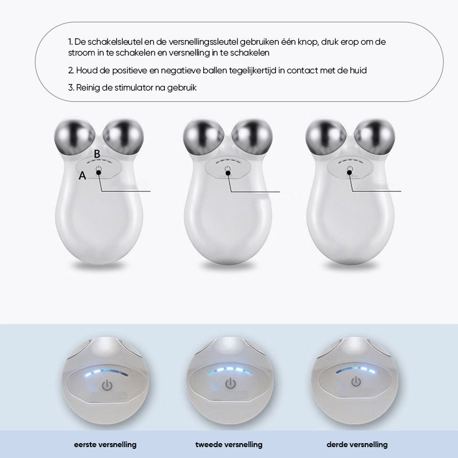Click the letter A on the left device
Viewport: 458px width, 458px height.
pyautogui.click(x=82, y=176)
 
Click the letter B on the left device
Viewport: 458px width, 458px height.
pyautogui.click(x=97, y=154)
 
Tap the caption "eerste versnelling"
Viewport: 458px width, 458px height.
pyautogui.click(x=105, y=445)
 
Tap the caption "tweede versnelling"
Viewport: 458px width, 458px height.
pyautogui.click(x=228, y=445)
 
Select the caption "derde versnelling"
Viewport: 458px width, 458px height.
pyautogui.click(x=357, y=445)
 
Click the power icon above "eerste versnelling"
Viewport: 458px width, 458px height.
pyautogui.click(x=107, y=385)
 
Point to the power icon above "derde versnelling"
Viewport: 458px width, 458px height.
pyautogui.click(x=356, y=381)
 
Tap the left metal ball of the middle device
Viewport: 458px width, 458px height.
pyautogui.click(x=204, y=137)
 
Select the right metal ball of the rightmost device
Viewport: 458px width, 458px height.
pyautogui.click(x=374, y=137)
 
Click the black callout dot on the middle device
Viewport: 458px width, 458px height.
pyautogui.click(x=228, y=173)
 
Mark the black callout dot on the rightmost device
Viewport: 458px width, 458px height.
pyautogui.click(x=349, y=173)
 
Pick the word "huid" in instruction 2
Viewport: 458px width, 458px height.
pyautogui.click(x=358, y=70)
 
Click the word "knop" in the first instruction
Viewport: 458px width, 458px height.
pyautogui.click(x=308, y=42)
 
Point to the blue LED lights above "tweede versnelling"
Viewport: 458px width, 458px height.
pyautogui.click(x=231, y=370)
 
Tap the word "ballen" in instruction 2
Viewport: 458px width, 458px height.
pyautogui.click(x=215, y=70)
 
